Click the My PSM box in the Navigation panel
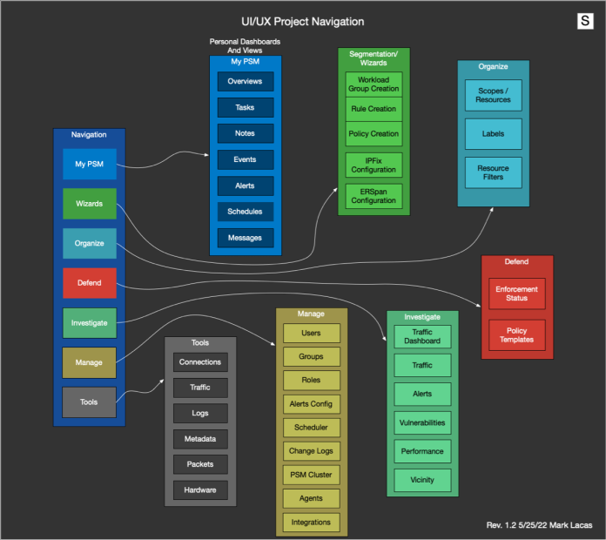click(x=89, y=164)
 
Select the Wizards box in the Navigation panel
click(x=89, y=204)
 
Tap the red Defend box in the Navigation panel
click(x=89, y=283)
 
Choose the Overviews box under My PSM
click(x=245, y=82)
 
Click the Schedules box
click(x=245, y=212)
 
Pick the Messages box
click(x=245, y=238)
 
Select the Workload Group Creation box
click(x=373, y=84)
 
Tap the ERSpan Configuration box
click(x=373, y=195)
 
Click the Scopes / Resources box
click(x=494, y=95)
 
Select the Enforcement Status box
click(x=516, y=294)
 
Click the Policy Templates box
click(x=516, y=335)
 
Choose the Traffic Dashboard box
click(x=422, y=335)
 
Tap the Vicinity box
click(x=422, y=480)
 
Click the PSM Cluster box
click(x=311, y=475)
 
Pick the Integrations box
click(x=311, y=523)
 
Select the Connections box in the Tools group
click(x=199, y=362)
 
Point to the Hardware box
click(x=199, y=490)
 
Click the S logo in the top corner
click(x=585, y=21)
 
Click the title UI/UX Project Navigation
click(x=302, y=22)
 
